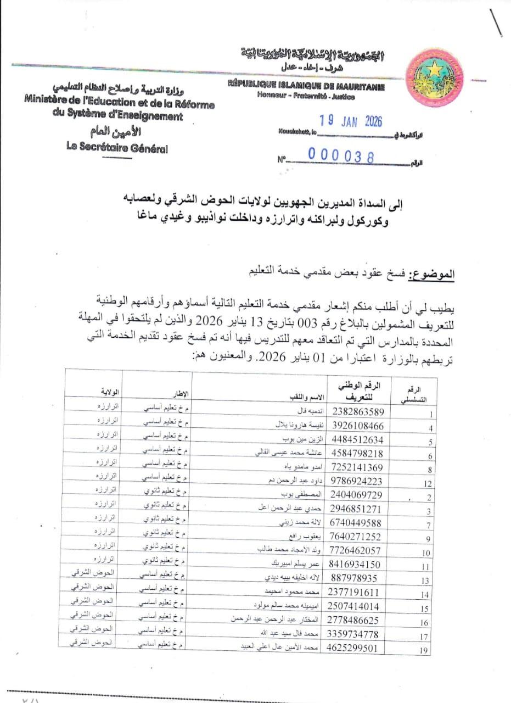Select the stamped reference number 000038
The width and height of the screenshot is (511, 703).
(341, 157)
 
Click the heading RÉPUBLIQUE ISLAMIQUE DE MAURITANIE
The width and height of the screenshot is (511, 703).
(306, 87)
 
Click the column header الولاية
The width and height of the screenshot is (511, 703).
(109, 392)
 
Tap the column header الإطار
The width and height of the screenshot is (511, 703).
(182, 393)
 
